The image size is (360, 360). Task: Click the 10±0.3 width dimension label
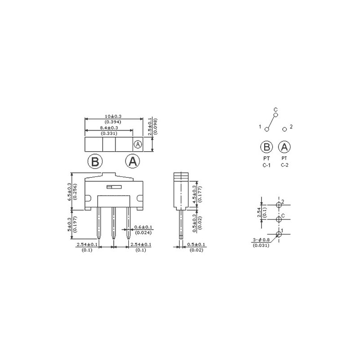coord(113,117)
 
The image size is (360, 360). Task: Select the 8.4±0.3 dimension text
coord(109,128)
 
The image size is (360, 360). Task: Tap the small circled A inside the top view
coord(138,144)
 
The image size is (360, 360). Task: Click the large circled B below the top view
coord(95,162)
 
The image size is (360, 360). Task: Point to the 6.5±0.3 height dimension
coord(69,192)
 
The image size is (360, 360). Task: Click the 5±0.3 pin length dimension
coord(69,224)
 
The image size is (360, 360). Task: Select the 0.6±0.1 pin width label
coord(143,227)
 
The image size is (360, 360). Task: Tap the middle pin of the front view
coord(113,223)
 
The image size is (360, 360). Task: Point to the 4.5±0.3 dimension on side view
coord(195,194)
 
